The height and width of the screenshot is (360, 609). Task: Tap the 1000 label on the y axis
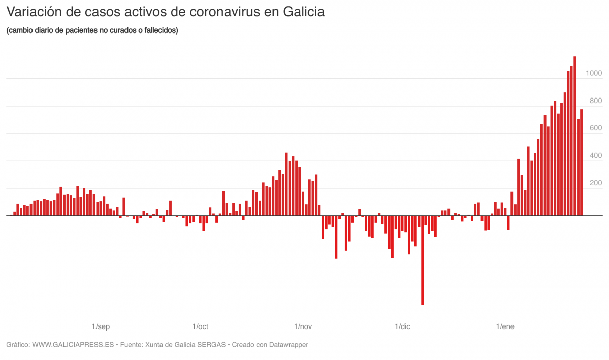tap(593, 74)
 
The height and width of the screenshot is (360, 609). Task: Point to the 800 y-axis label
tap(595, 101)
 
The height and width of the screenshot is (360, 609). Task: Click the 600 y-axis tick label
tap(595, 128)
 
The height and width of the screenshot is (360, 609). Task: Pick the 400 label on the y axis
tap(595, 156)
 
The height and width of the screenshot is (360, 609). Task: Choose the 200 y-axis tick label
tap(595, 183)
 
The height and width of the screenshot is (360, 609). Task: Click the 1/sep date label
tap(101, 326)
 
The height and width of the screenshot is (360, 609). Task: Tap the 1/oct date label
tap(200, 326)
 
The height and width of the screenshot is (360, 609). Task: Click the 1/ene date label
tap(505, 326)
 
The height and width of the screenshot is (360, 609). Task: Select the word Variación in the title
tap(34, 12)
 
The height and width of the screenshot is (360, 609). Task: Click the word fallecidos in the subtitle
tap(159, 30)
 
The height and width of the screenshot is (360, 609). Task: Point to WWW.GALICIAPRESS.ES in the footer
tap(73, 345)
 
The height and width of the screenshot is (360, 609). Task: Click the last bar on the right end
tap(581, 162)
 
